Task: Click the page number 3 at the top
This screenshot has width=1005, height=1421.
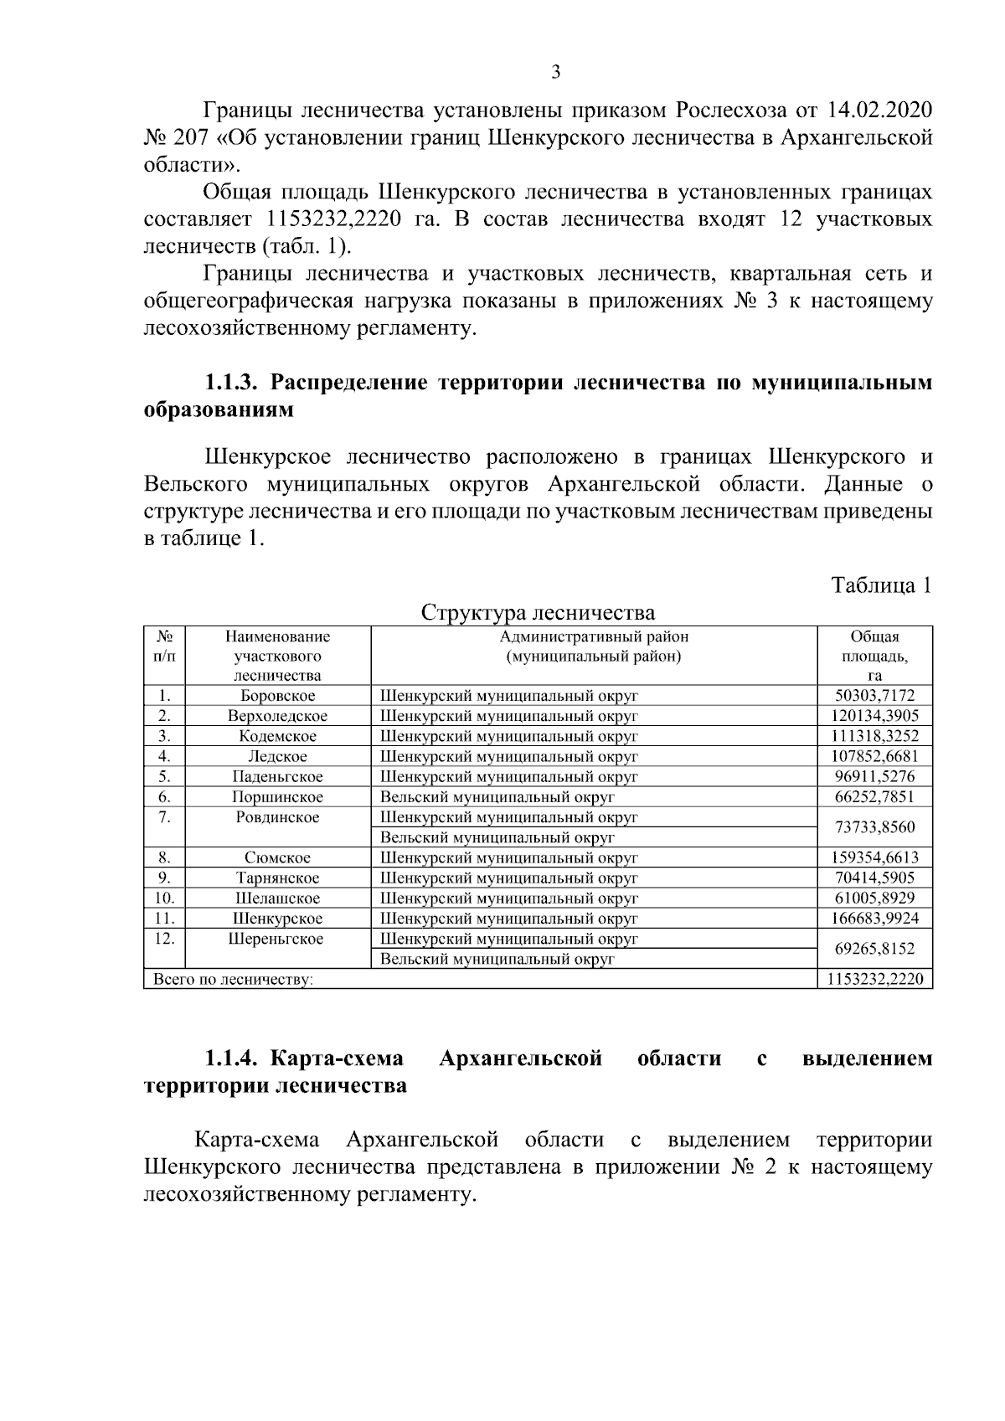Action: [x=555, y=72]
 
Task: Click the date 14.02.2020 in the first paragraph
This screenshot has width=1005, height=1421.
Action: [x=879, y=111]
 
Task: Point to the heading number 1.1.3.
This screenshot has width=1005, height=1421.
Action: [x=234, y=384]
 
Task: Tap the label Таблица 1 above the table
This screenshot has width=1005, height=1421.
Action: [x=881, y=585]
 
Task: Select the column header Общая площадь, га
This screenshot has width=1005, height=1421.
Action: [x=874, y=656]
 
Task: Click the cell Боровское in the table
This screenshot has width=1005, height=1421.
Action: [x=277, y=696]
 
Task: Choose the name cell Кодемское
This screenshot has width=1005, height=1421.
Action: [x=277, y=737]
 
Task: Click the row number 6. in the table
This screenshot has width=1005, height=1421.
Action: [x=164, y=797]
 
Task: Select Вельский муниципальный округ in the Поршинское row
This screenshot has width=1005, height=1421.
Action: [x=497, y=797]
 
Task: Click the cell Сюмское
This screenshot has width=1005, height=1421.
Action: [x=277, y=858]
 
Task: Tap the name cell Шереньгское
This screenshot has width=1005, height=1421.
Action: [x=277, y=940]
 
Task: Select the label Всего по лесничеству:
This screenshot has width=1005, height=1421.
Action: [x=229, y=980]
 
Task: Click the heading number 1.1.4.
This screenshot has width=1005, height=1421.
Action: [x=234, y=1059]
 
